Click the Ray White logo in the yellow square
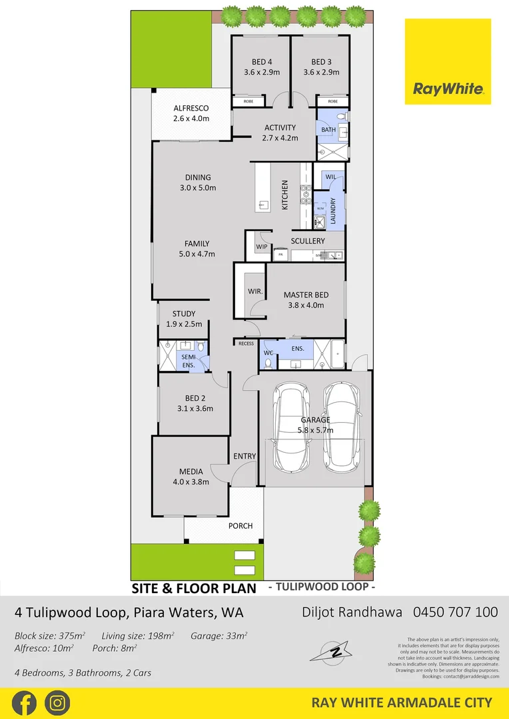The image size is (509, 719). (x=448, y=89)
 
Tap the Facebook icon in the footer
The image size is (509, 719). (x=23, y=702)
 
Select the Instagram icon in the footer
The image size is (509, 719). (x=57, y=702)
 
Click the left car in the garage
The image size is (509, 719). (x=291, y=426)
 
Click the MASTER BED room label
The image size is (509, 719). (x=303, y=295)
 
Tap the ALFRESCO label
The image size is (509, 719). (x=191, y=108)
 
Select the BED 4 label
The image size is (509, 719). (x=261, y=62)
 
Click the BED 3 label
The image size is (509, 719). (x=321, y=62)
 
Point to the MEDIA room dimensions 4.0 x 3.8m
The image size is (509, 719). (x=191, y=482)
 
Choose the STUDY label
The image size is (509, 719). (x=183, y=314)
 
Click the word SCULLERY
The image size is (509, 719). (x=308, y=240)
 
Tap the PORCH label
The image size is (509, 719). (x=241, y=525)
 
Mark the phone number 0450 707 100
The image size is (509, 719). (x=455, y=612)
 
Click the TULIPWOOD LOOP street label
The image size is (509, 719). (x=321, y=588)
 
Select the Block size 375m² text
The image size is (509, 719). (x=51, y=636)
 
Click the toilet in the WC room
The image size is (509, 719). (x=268, y=363)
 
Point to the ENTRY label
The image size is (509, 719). (x=245, y=456)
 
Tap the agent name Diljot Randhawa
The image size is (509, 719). (x=352, y=612)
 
